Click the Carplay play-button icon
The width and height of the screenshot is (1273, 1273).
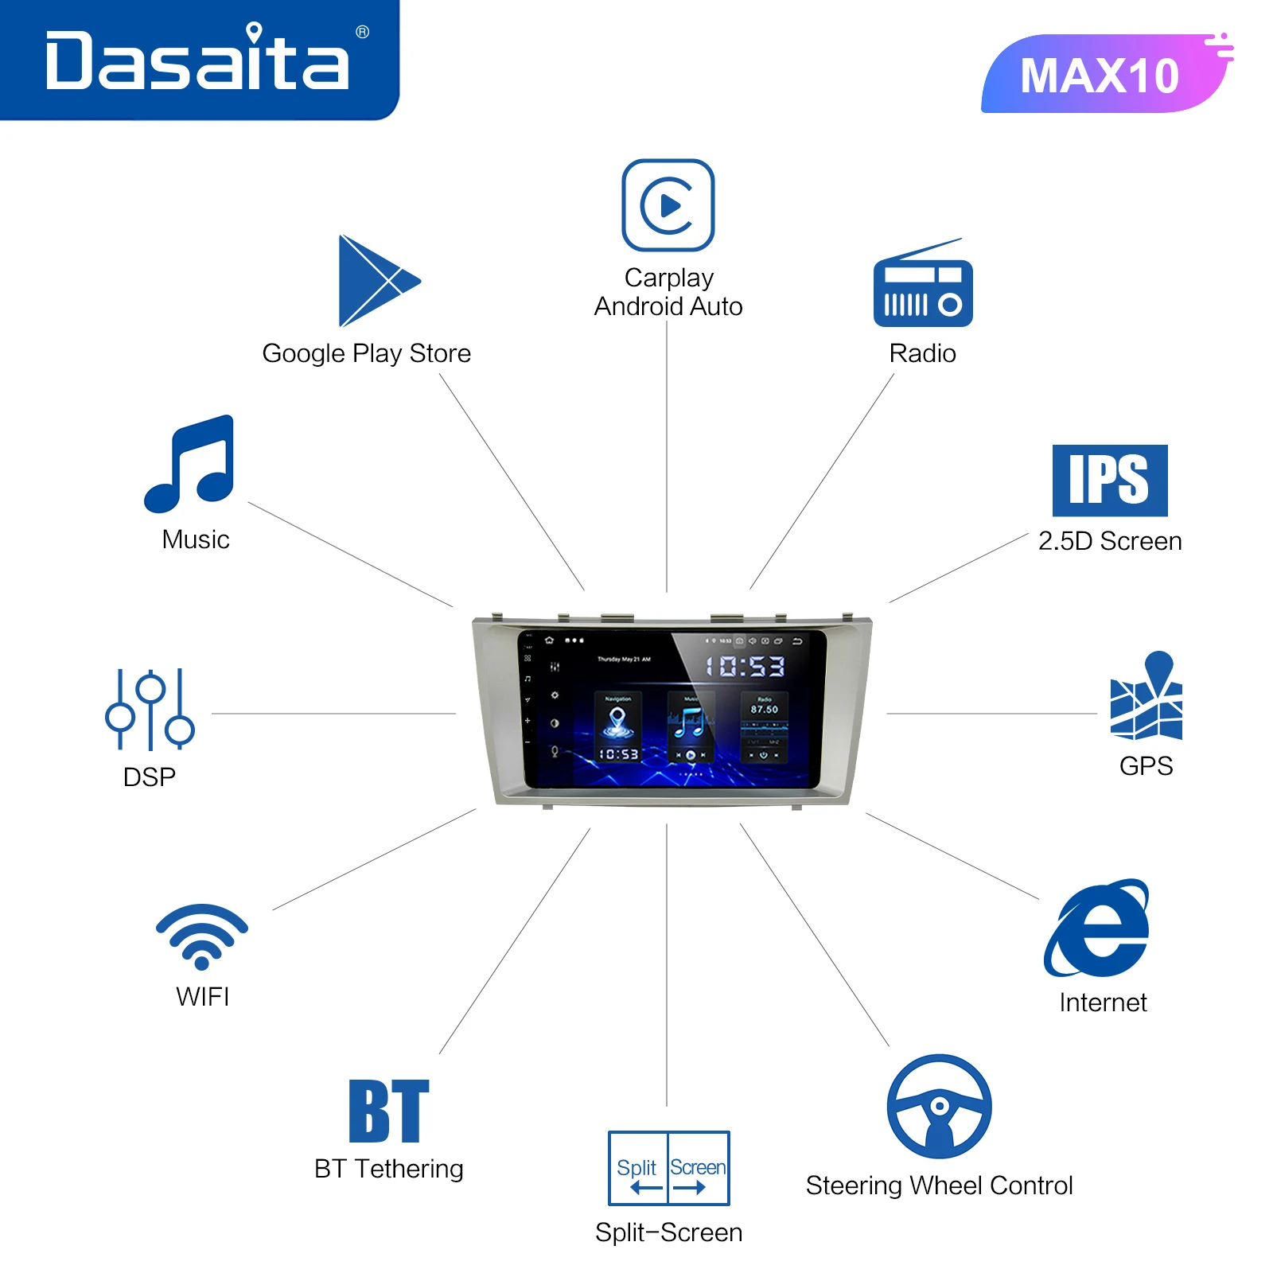(x=668, y=205)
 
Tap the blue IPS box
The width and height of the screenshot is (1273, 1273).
(x=1110, y=481)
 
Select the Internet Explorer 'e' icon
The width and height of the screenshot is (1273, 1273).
(x=1098, y=929)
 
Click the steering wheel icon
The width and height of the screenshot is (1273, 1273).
(x=939, y=1107)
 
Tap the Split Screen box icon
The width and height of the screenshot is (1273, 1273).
(x=668, y=1168)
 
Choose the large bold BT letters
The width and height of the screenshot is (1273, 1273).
(x=389, y=1111)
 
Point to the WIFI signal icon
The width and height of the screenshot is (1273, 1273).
(x=202, y=936)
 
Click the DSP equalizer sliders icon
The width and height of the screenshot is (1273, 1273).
(x=150, y=710)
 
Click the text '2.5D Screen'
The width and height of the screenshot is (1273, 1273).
(x=1110, y=541)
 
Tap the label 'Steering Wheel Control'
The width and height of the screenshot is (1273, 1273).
(x=939, y=1185)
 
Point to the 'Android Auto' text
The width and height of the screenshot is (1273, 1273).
(x=668, y=306)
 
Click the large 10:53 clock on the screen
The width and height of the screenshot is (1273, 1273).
(x=746, y=666)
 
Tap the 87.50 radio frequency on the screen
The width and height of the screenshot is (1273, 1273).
(x=764, y=709)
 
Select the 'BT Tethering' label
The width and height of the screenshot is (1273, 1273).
(x=389, y=1169)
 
